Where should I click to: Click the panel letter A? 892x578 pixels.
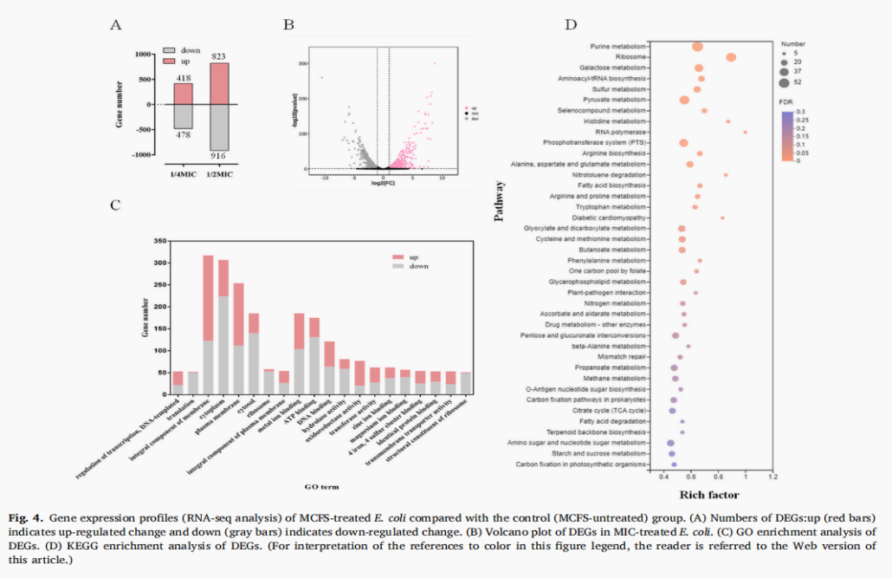(115, 24)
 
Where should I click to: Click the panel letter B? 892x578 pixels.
(288, 24)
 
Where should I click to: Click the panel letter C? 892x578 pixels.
(114, 205)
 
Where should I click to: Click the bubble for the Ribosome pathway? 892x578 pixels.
(731, 57)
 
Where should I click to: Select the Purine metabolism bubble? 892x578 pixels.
(697, 47)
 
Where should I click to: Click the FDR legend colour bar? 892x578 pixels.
(786, 136)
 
